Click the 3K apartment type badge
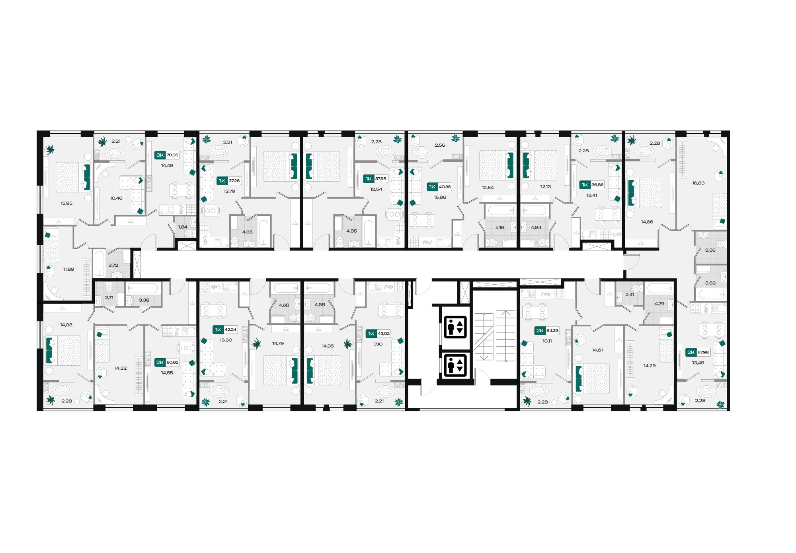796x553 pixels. (160, 155)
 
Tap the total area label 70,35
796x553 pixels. (172, 155)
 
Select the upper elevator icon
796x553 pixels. (455, 327)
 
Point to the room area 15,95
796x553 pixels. (66, 203)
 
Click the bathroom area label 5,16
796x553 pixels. (499, 227)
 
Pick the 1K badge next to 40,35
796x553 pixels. (432, 186)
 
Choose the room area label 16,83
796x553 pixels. (698, 183)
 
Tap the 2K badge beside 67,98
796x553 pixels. (691, 352)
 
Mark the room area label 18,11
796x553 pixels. (547, 341)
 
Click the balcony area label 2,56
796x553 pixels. (440, 146)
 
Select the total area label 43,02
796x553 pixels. (384, 334)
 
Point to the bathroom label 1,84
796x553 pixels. (183, 227)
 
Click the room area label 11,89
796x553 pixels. (68, 270)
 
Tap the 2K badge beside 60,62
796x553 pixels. (160, 362)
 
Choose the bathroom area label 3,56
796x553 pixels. (710, 250)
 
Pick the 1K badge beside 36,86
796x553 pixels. (585, 185)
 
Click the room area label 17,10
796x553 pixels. (377, 344)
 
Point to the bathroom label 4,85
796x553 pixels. (351, 231)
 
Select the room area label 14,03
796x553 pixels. (66, 325)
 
